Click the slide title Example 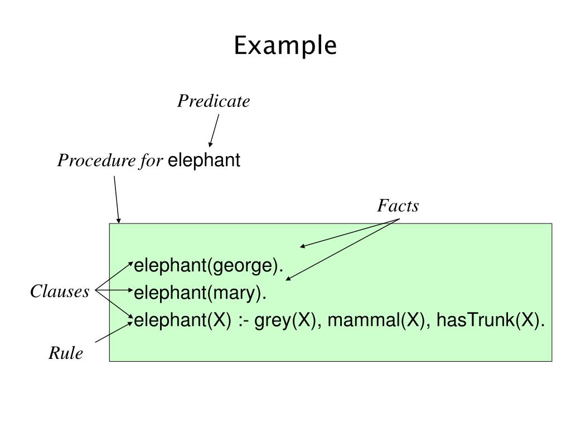[x=285, y=46]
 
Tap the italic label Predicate [x=214, y=101]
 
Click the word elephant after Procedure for [x=204, y=160]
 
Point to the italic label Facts [x=398, y=206]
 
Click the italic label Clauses [x=60, y=291]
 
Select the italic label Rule [x=66, y=353]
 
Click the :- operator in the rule [x=243, y=320]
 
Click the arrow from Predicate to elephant [x=214, y=130]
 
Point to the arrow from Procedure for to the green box [x=117, y=200]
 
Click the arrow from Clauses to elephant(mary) [x=114, y=290]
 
